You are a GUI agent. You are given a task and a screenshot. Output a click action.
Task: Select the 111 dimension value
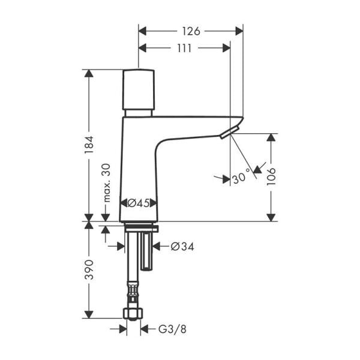184,48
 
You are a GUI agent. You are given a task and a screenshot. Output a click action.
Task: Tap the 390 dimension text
89,269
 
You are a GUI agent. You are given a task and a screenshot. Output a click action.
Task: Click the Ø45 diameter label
139,203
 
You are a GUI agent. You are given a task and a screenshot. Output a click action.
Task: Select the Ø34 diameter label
182,246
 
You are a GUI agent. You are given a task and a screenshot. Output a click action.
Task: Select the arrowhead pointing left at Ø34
158,246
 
